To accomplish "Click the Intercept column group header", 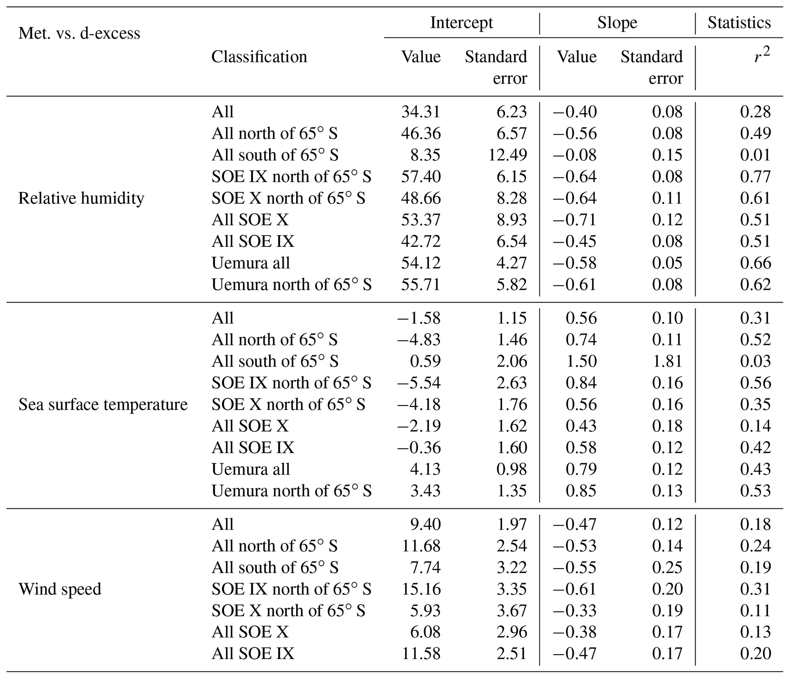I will [461, 23].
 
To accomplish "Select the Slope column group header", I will [617, 23].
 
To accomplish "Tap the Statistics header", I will [739, 23].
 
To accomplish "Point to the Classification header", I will [259, 57].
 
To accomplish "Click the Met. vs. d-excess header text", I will [79, 34].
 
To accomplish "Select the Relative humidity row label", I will [81, 198].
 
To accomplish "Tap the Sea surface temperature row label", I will [103, 404].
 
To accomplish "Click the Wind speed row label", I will [60, 589].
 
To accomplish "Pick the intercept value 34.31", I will [421, 112].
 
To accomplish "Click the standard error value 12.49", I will [508, 155].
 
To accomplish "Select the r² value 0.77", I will [755, 177].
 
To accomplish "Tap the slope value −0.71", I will [575, 220].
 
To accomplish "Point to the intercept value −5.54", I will [419, 383].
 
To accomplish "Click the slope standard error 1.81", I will [667, 361].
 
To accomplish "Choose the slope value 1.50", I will [581, 361].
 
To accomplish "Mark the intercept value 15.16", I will [421, 589].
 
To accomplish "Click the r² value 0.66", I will [755, 263].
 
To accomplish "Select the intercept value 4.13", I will [425, 469].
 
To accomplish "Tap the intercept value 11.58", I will [421, 654].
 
